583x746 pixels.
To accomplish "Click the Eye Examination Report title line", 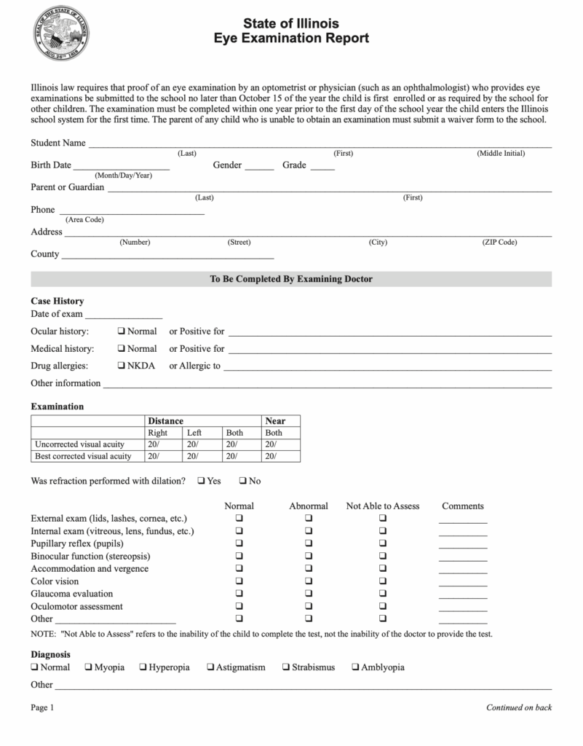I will pyautogui.click(x=291, y=39).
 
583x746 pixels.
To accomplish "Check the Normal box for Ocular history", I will pyautogui.click(x=122, y=331).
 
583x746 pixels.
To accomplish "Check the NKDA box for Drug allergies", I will pyautogui.click(x=122, y=366).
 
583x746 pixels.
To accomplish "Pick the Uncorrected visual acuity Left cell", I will pyautogui.click(x=202, y=444).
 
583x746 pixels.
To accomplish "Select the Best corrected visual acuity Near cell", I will pyautogui.click(x=280, y=456).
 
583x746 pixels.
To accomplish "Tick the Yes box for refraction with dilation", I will pyautogui.click(x=201, y=482).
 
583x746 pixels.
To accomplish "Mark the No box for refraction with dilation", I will pyautogui.click(x=242, y=482).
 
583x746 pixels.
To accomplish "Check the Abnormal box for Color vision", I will pyautogui.click(x=309, y=581).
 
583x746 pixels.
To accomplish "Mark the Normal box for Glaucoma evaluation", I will pyautogui.click(x=239, y=594).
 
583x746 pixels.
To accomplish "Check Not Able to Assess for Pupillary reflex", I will pyautogui.click(x=382, y=543).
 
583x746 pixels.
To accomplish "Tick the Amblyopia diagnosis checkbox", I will pyautogui.click(x=355, y=667).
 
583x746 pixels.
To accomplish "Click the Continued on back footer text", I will pyautogui.click(x=518, y=707).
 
